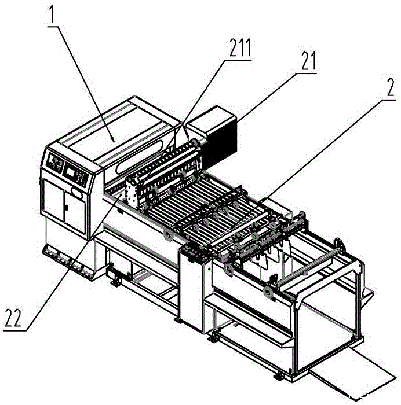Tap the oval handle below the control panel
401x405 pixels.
click(x=76, y=189)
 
